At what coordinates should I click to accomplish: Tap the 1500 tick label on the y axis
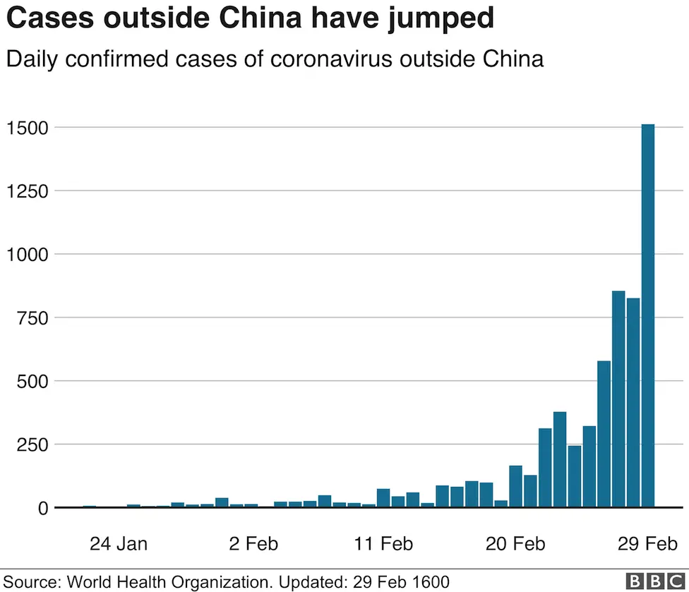point(27,128)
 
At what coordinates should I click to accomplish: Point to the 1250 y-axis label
point(27,191)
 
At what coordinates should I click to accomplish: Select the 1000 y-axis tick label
point(27,255)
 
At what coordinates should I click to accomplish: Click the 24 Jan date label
point(118,544)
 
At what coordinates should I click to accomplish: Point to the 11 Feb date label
point(383,544)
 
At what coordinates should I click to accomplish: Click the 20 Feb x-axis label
point(516,544)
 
